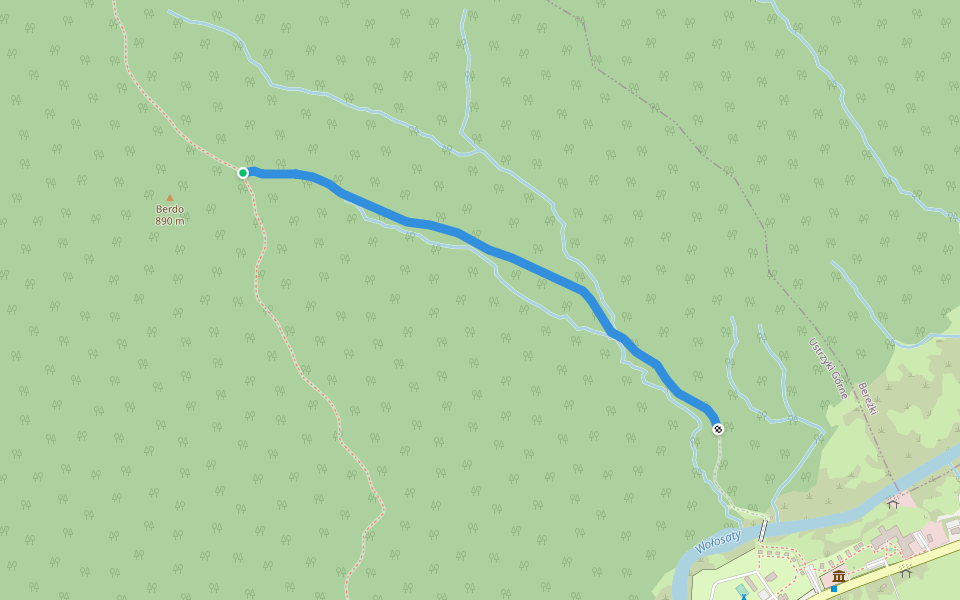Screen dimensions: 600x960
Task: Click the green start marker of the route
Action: point(243,173)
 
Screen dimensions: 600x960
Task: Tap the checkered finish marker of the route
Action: point(718,429)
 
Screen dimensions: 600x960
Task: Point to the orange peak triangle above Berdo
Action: point(169,198)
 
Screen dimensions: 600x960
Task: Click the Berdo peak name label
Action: point(169,209)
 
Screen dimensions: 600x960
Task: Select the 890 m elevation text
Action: point(169,221)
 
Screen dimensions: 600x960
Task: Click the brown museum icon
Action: point(839,576)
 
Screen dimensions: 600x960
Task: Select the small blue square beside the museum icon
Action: point(833,588)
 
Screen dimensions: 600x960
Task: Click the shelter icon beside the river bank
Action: point(892,503)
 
